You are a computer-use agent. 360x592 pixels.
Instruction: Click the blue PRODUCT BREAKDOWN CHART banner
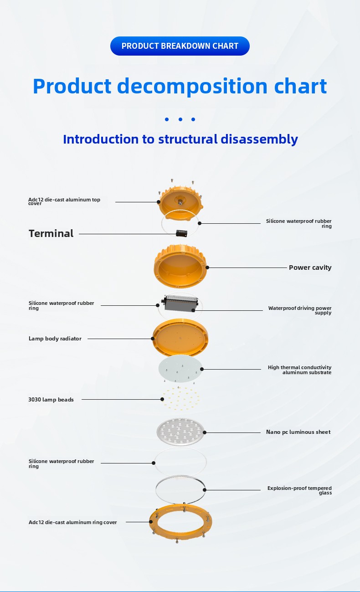(180, 46)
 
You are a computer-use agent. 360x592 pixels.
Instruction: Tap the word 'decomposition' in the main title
(192, 87)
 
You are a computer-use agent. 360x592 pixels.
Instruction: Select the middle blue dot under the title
(180, 119)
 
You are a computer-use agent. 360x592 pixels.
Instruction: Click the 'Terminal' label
(51, 234)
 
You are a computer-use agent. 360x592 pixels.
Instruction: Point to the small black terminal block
(181, 233)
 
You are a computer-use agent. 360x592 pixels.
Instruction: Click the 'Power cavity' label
(310, 268)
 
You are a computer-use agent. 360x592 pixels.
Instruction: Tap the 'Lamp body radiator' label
(55, 339)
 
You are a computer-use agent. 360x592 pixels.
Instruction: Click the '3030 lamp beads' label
(51, 400)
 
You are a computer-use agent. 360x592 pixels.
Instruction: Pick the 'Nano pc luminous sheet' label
(298, 432)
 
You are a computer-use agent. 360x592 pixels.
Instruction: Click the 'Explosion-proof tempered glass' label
(299, 490)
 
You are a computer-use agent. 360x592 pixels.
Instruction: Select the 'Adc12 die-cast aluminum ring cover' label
(73, 522)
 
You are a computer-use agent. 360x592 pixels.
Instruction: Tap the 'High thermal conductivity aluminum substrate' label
(299, 370)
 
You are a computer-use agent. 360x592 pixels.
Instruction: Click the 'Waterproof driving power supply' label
(300, 310)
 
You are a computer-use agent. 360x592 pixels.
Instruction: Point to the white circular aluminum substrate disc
(180, 369)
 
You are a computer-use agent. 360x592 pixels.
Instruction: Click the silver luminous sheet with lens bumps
(180, 432)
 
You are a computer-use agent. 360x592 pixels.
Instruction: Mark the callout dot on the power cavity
(207, 268)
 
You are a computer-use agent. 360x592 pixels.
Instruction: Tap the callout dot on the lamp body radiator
(153, 339)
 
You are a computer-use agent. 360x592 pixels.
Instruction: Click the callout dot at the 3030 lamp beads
(162, 399)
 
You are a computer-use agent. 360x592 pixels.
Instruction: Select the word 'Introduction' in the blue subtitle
(101, 139)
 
